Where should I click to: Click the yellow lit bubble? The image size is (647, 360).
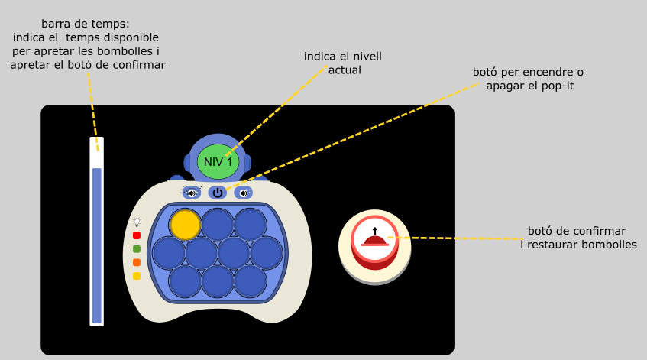[x=185, y=225]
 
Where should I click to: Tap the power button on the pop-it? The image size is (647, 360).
[x=218, y=193]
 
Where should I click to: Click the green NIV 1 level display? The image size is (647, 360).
[x=224, y=161]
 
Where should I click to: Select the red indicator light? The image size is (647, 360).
[x=137, y=235]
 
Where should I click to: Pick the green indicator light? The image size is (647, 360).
[x=137, y=249]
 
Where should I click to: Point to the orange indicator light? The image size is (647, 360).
[x=137, y=262]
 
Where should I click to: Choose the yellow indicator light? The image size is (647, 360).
[x=137, y=276]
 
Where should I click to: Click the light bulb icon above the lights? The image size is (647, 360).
[x=137, y=222]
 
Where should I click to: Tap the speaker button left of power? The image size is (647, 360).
[x=192, y=193]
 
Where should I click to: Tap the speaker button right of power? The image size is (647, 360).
[x=244, y=193]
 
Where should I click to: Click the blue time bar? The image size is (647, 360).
[x=97, y=245]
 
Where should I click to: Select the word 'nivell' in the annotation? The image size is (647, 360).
[x=364, y=56]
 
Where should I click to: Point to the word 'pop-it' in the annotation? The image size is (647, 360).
[x=557, y=86]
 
